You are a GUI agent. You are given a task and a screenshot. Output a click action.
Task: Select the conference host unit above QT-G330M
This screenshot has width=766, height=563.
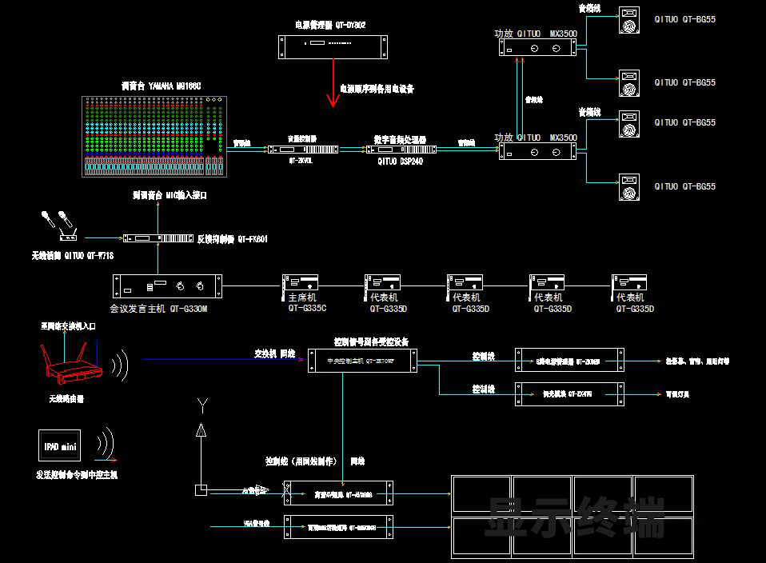(167, 285)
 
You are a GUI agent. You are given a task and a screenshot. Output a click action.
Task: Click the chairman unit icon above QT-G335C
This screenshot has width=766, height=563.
(301, 284)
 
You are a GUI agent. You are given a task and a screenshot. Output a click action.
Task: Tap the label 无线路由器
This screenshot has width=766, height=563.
(66, 397)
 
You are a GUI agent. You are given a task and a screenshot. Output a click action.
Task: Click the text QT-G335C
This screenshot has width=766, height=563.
(308, 308)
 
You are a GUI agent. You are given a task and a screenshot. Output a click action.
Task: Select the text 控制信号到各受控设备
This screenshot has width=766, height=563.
(370, 341)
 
